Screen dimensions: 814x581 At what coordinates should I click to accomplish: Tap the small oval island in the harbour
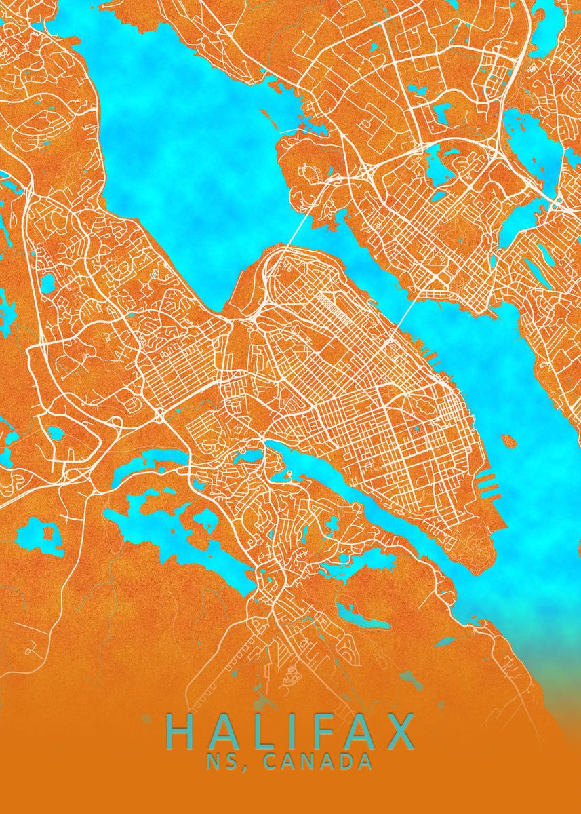tap(508, 442)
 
